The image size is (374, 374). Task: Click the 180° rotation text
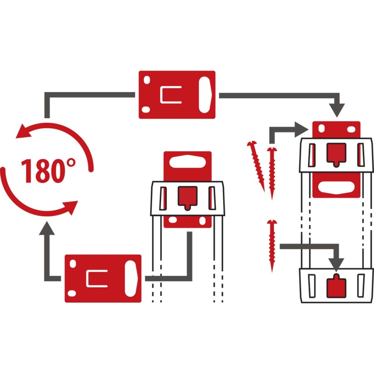click(x=48, y=171)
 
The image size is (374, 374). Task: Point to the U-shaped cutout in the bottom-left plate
click(x=97, y=279)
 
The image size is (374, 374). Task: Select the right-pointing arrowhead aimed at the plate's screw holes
click(x=302, y=129)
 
